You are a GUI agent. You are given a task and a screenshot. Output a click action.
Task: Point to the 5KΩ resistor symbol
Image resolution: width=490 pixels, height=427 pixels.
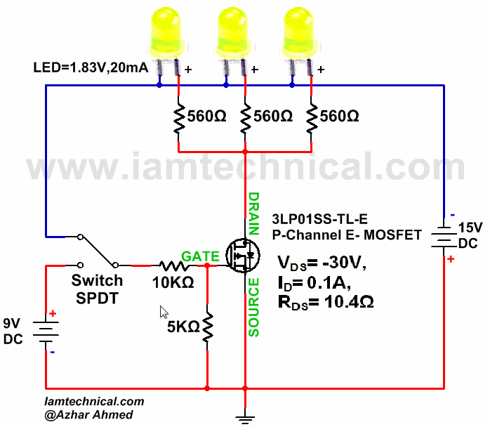click(x=208, y=327)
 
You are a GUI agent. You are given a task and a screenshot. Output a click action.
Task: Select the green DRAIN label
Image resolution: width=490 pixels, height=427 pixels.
click(x=254, y=213)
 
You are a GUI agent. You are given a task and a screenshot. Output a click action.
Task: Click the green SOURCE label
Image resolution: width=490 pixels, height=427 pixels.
click(x=254, y=308)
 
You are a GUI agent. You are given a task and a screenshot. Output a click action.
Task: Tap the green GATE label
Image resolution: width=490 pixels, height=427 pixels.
click(x=200, y=256)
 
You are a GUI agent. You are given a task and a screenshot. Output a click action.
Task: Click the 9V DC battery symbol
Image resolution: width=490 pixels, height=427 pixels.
click(x=47, y=329)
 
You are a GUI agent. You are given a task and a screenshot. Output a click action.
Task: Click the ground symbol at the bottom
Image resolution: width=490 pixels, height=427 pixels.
click(x=245, y=419)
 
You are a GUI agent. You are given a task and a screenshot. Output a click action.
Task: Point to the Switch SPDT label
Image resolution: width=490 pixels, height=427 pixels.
click(x=97, y=289)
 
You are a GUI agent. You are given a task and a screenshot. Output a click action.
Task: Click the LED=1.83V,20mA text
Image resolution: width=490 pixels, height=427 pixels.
click(x=91, y=68)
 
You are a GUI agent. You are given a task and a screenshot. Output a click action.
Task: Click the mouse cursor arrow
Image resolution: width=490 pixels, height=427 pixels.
click(x=164, y=311)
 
